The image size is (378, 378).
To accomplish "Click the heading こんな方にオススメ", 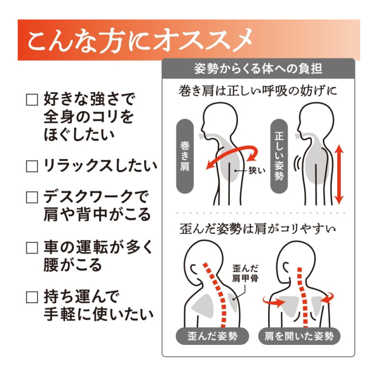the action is click(140, 40).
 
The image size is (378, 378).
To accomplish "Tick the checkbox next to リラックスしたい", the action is click(32, 167).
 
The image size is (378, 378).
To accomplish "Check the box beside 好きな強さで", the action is click(32, 100).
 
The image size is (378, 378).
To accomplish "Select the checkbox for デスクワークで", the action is click(32, 197).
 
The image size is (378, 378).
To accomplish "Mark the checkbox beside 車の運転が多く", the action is click(32, 247).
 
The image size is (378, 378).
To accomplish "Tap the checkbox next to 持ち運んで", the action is click(32, 297).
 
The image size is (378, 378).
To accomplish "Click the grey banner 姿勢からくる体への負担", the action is click(259, 69).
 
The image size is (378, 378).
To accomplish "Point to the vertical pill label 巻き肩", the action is click(185, 156).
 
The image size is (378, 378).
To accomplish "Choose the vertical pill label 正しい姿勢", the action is click(279, 156).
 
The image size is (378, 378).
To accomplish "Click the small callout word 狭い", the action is click(256, 171).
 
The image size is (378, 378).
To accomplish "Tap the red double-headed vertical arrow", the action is click(339, 174).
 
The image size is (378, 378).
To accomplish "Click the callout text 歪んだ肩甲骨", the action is click(245, 273).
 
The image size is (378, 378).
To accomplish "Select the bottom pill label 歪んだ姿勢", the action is click(213, 336).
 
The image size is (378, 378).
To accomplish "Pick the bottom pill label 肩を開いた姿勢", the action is click(299, 336).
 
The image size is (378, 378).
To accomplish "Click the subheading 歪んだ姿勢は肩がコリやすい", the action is click(258, 229).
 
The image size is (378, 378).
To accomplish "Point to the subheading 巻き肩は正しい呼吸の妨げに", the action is click(258, 91).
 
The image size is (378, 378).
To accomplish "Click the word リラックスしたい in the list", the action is click(100, 166).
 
